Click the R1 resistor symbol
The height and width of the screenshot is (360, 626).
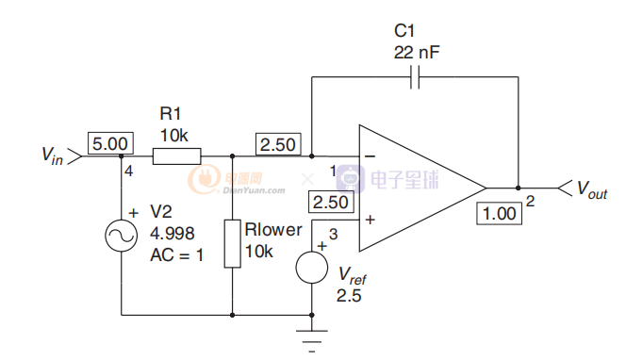coord(177,156)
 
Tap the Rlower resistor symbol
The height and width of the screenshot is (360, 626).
coord(232,243)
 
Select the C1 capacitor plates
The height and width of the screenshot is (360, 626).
coord(415,76)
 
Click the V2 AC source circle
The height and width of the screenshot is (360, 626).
coord(122,236)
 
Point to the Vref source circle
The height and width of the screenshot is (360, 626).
coord(312,268)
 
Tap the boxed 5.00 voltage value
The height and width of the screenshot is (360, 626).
coord(110,143)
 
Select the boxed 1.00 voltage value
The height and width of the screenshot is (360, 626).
coord(499,214)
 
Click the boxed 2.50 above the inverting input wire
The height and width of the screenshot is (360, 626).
coord(278,144)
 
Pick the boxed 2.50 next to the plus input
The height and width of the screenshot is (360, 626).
coord(331,202)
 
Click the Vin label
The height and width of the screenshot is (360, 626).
coord(52,155)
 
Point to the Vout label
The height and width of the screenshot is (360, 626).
coord(592,189)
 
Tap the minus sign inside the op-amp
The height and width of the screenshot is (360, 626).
coord(371,156)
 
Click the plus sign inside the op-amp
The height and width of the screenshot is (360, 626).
coord(371,220)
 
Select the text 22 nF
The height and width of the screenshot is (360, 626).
coord(417,52)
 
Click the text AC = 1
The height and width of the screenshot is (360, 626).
coord(177,255)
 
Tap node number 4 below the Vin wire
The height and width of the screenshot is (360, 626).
coord(128,171)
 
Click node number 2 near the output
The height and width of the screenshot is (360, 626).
coord(530,201)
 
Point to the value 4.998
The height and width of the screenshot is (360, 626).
coord(173,234)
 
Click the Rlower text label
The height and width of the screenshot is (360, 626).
coord(273,230)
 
